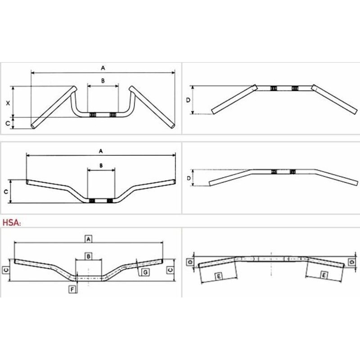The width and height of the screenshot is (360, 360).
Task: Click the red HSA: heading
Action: click(x=12, y=222)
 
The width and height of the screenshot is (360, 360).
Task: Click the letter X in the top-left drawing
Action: click(x=8, y=103)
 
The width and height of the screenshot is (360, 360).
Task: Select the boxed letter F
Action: click(x=72, y=289)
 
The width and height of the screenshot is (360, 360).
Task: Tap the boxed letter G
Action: click(x=145, y=272)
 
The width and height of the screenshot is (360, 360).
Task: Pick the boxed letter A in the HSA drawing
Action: click(x=88, y=239)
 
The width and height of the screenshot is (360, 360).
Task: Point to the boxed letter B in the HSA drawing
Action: click(x=88, y=256)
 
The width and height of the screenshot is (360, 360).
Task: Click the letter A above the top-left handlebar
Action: click(x=103, y=68)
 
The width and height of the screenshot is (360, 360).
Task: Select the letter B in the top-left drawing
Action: click(x=103, y=81)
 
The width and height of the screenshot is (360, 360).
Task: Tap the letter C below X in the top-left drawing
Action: click(x=8, y=123)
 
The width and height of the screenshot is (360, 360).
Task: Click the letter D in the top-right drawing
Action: click(x=188, y=100)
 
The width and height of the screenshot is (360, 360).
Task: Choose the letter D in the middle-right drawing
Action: click(x=189, y=178)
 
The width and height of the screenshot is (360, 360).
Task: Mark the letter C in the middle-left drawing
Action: click(x=6, y=192)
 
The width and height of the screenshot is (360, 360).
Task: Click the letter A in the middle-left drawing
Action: click(x=101, y=151)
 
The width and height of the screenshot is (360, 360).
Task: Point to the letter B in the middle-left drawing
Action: click(x=101, y=166)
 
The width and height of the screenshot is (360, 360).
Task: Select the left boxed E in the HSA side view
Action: click(x=219, y=276)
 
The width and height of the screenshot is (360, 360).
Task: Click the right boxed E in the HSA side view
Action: click(x=324, y=275)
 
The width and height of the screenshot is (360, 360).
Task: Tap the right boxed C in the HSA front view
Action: click(x=171, y=270)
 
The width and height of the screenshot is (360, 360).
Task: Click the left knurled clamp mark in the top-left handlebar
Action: click(x=92, y=115)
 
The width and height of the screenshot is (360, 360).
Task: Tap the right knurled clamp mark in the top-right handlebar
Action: click(x=295, y=88)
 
